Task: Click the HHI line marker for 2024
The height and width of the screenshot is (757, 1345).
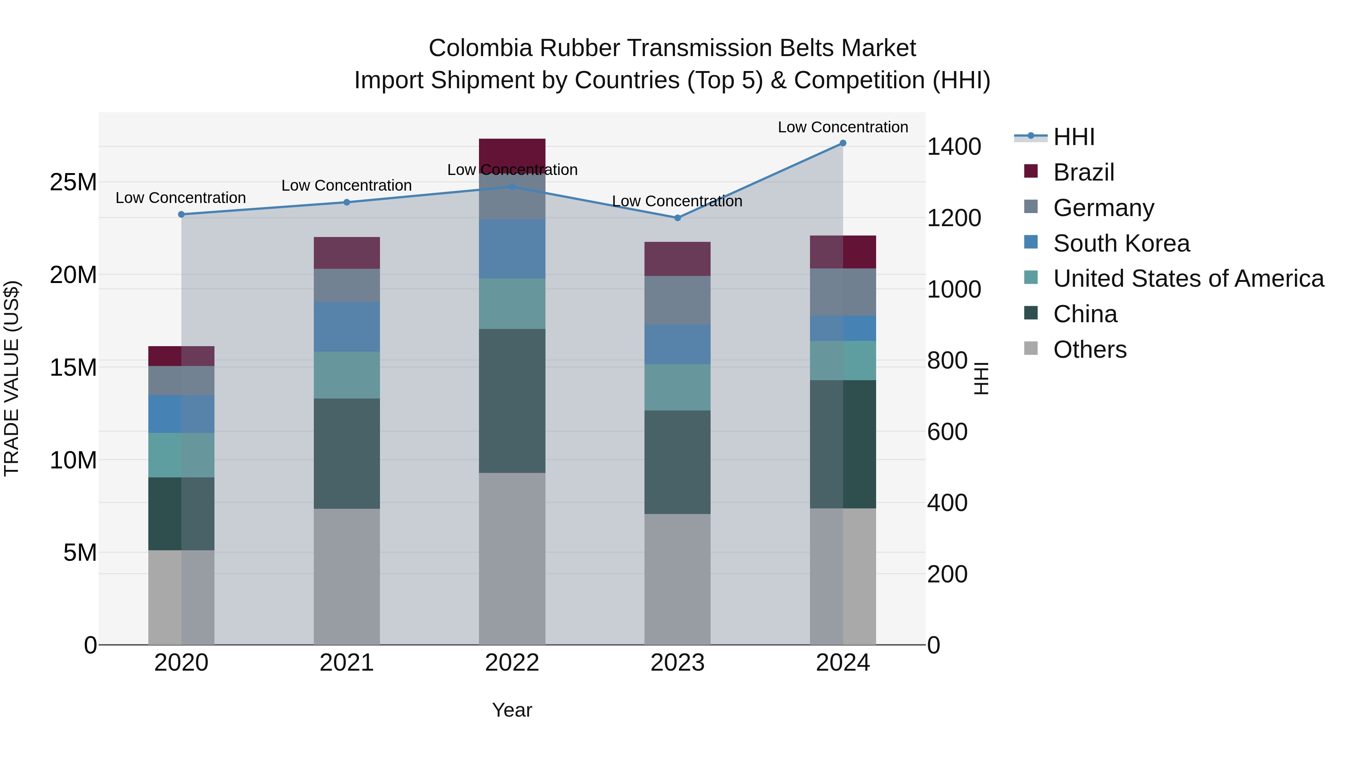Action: [x=843, y=143]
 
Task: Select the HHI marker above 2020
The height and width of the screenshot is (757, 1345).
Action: [x=181, y=214]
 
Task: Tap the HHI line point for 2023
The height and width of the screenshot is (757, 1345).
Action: [x=678, y=218]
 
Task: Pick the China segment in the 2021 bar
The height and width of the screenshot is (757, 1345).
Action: [x=347, y=453]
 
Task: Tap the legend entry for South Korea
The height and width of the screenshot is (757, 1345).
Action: [x=1121, y=243]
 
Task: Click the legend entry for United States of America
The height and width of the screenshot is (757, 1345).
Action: [x=1188, y=279]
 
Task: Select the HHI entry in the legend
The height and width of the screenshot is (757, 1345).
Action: [x=1073, y=137]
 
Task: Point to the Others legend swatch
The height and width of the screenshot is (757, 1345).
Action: [x=1031, y=348]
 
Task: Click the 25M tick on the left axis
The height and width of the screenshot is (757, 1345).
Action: [x=73, y=182]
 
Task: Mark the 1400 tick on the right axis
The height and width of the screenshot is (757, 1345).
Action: [x=953, y=147]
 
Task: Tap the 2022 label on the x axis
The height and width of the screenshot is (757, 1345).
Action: [x=512, y=663]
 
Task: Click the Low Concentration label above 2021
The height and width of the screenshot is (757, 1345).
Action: [x=347, y=185]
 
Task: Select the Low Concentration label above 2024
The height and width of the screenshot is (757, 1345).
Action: [x=843, y=127]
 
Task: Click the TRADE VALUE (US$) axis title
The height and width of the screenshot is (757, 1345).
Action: [x=12, y=378]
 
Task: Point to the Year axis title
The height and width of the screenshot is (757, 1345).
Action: [x=512, y=710]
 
